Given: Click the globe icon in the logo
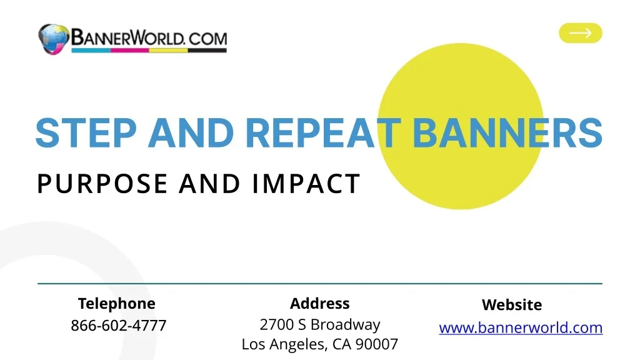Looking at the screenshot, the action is tap(54, 39).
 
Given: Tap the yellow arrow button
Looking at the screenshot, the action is tap(581, 33).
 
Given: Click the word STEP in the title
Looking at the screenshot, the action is tap(86, 133).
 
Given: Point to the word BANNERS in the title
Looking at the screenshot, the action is tap(507, 133).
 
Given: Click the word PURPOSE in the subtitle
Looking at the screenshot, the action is tap(102, 184).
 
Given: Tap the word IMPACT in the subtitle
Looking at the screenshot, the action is tap(306, 184).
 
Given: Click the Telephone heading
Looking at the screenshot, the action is tap(117, 304).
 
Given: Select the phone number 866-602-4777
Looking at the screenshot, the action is tap(119, 326).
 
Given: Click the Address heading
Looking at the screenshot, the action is tap(320, 304).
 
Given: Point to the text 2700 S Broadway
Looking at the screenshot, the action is tap(320, 325).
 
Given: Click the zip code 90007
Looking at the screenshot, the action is tap(377, 344).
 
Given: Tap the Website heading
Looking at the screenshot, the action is tap(512, 305).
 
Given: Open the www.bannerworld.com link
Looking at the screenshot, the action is tap(521, 327).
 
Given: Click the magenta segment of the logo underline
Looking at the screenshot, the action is tap(129, 51).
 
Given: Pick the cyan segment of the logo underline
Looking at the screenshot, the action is tap(91, 51).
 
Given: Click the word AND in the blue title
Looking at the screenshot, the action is tap(191, 133).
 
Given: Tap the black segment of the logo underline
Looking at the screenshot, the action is tap(207, 51).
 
